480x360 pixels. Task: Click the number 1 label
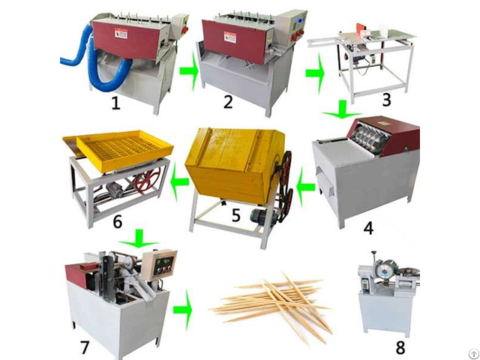(x=115, y=103)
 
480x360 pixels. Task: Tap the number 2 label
(x=228, y=102)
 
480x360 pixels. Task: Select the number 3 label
(x=387, y=100)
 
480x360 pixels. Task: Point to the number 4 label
(x=368, y=228)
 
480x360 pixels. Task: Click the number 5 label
(x=236, y=215)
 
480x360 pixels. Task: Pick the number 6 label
(x=117, y=221)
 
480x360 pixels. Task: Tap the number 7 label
(x=84, y=347)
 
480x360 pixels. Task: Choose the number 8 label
(x=400, y=347)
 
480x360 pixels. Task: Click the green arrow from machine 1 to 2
(x=189, y=71)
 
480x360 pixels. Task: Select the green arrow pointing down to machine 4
(x=342, y=109)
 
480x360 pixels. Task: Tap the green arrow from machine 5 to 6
(x=180, y=181)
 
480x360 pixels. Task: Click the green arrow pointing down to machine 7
(x=139, y=238)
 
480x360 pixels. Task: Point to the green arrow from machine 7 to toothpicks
(x=182, y=310)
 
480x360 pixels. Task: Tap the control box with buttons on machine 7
(x=158, y=265)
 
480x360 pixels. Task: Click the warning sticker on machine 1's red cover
(x=121, y=33)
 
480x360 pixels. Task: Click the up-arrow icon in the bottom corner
(x=473, y=354)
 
